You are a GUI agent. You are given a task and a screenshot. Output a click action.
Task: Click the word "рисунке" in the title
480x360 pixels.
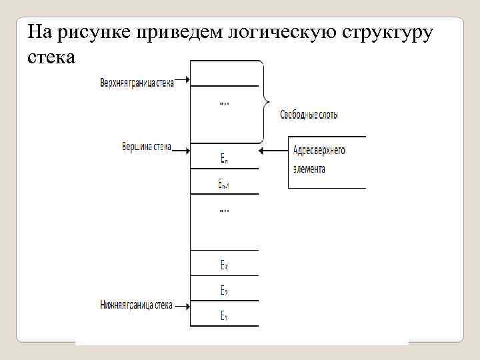tap(95, 32)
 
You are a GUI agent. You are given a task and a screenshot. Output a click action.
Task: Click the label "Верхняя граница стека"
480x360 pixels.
tap(136, 83)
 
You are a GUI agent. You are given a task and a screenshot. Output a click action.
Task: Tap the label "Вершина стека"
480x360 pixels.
tap(147, 147)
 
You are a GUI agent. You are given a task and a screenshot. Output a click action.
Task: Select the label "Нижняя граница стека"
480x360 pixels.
tap(136, 305)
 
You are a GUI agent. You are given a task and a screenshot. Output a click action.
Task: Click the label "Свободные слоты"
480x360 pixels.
tap(309, 115)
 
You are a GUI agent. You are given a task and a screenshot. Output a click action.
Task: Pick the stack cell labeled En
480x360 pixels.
tap(225, 159)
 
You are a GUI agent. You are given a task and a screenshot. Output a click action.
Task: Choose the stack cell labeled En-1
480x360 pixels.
tap(225, 183)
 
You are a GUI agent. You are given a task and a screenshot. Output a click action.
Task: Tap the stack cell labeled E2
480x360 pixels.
tap(225, 290)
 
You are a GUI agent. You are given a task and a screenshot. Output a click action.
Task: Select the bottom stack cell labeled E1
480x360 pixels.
tap(225, 315)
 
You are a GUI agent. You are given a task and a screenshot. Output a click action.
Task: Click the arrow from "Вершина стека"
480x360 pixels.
tap(181, 149)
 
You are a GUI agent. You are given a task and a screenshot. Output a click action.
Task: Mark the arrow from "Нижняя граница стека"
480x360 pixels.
tap(182, 305)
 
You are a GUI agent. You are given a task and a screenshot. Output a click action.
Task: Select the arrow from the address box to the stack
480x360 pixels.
tap(273, 151)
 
